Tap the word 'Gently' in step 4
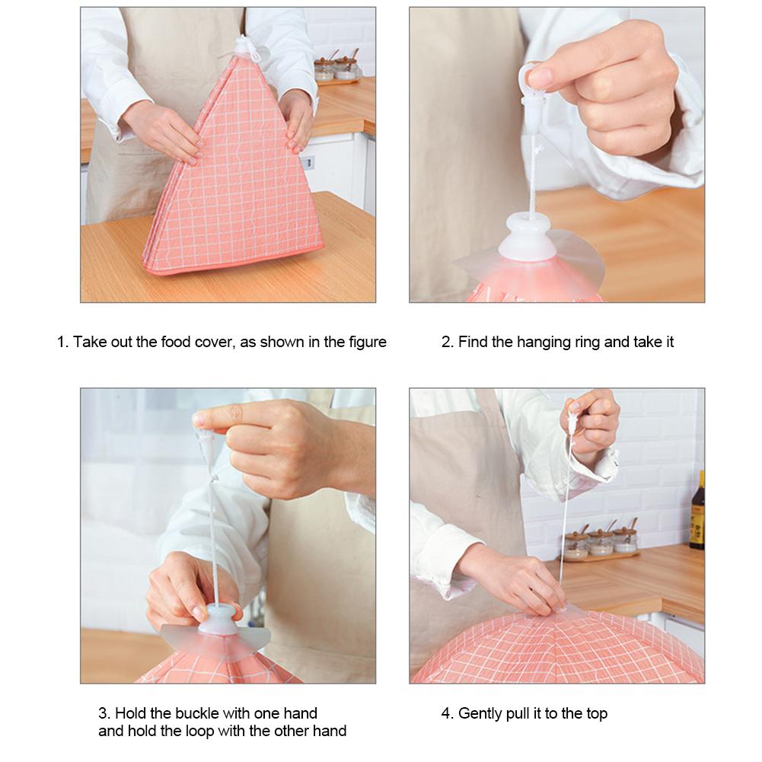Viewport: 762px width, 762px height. pos(481,713)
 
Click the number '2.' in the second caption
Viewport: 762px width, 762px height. pos(447,342)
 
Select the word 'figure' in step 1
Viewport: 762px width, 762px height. pos(365,342)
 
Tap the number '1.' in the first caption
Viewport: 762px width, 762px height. pos(63,342)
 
